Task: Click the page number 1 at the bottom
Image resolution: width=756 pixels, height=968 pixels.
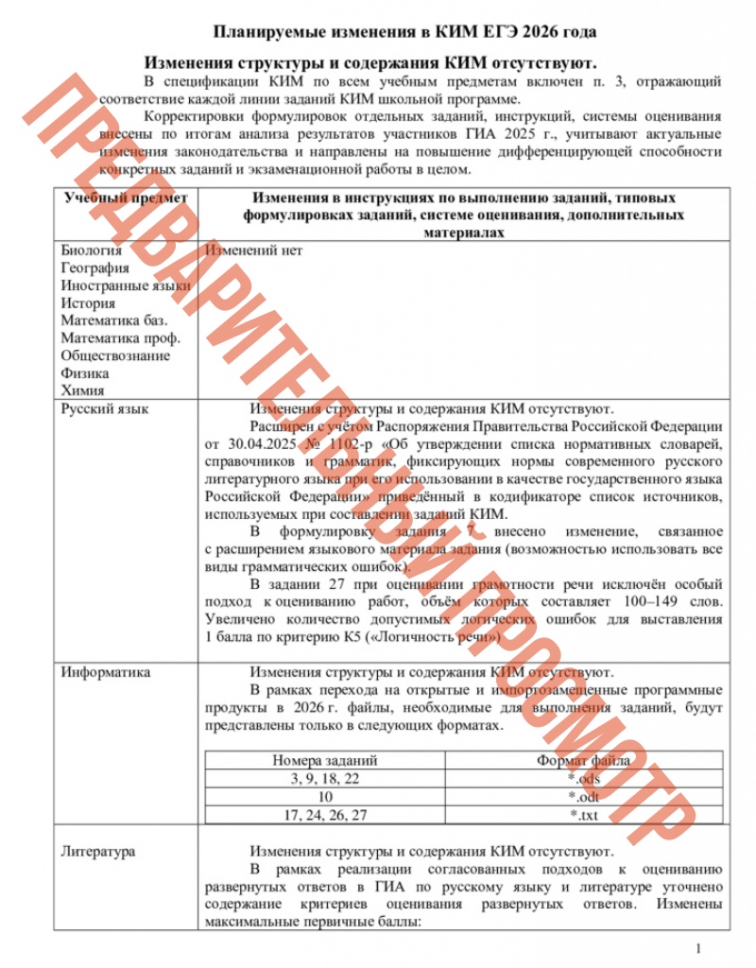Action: (x=697, y=948)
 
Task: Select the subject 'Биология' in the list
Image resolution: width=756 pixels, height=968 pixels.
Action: (x=92, y=251)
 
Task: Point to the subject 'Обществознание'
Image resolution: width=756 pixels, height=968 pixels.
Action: (x=115, y=355)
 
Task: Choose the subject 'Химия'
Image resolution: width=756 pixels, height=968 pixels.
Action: (x=82, y=389)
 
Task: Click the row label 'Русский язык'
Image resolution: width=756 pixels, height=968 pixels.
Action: (x=105, y=409)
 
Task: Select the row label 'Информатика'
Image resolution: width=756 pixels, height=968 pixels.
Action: (x=106, y=673)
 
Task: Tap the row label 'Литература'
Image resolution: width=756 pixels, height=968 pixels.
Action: (x=98, y=851)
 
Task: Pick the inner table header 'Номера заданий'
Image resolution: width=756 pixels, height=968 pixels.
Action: (x=325, y=759)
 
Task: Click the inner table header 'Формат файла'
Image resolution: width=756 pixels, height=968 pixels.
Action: (x=584, y=759)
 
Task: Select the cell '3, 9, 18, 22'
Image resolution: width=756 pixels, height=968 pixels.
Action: (x=325, y=778)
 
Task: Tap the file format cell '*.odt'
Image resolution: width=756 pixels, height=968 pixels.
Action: (x=584, y=796)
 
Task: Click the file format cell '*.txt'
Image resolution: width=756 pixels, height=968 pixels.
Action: (x=584, y=815)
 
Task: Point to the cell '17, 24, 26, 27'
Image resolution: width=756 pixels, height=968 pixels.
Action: (x=325, y=815)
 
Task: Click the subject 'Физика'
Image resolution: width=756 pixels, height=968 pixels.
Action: (x=85, y=372)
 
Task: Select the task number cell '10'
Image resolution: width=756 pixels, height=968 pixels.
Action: (x=325, y=796)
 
